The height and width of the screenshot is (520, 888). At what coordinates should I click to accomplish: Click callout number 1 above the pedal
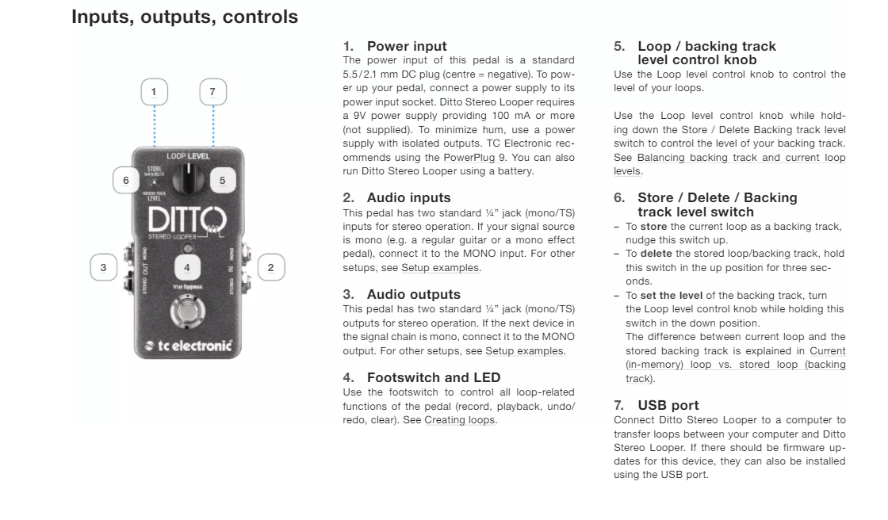pos(154,92)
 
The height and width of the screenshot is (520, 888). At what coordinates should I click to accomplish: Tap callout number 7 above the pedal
pos(212,92)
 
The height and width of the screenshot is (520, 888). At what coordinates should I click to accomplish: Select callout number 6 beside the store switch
pos(125,181)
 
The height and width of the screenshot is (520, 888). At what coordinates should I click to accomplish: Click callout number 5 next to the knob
pos(222,181)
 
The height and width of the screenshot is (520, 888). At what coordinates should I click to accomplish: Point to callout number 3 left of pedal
pos(103,268)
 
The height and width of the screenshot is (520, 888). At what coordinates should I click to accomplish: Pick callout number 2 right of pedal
pos(270,268)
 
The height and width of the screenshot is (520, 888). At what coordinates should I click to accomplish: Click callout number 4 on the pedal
pos(187,268)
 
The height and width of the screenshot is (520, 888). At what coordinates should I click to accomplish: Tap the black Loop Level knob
pos(188,180)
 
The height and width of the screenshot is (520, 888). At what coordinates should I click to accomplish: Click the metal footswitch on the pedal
pos(188,312)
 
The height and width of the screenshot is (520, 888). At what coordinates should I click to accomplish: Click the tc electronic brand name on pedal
pos(188,346)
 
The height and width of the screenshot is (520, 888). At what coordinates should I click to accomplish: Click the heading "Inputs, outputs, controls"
pos(185,17)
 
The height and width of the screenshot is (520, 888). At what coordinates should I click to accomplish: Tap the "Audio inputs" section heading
pos(408,198)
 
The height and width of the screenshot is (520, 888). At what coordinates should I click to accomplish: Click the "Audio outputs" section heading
pos(413,294)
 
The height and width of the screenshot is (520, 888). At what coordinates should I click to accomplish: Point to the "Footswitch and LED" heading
pos(433,378)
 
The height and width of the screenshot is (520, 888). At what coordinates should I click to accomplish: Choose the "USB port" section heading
pos(668,406)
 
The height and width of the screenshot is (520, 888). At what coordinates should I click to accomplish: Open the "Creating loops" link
pos(460,420)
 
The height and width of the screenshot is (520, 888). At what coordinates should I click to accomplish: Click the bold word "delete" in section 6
pos(656,254)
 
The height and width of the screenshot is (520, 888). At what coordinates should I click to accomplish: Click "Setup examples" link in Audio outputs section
pos(525,351)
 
